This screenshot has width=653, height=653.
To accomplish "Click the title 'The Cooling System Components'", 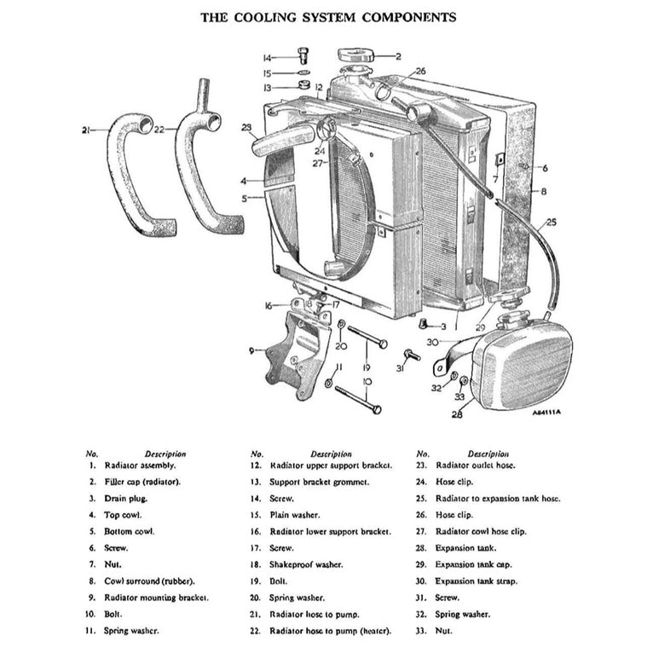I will [x=327, y=17].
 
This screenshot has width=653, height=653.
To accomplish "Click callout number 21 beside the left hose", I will [x=86, y=130].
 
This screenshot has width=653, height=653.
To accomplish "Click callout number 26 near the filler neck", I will [x=420, y=71].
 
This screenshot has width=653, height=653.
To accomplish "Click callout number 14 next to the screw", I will [x=267, y=58].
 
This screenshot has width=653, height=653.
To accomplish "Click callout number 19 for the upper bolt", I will [x=365, y=367].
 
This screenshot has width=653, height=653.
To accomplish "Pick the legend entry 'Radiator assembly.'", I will [x=140, y=465].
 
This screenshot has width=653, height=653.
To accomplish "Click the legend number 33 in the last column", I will [x=420, y=631].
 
